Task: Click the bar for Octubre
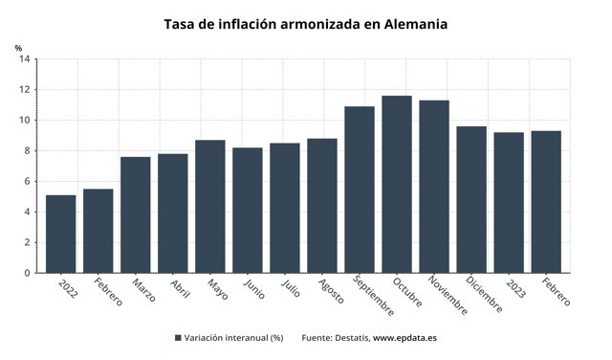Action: [396, 185]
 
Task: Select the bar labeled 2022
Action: [60, 235]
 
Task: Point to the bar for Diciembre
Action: [470, 200]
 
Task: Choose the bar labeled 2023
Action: [508, 203]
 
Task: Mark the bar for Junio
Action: [247, 211]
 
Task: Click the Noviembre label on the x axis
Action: [448, 295]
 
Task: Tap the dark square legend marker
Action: [179, 338]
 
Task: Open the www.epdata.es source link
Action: [404, 338]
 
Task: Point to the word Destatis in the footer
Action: [350, 338]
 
